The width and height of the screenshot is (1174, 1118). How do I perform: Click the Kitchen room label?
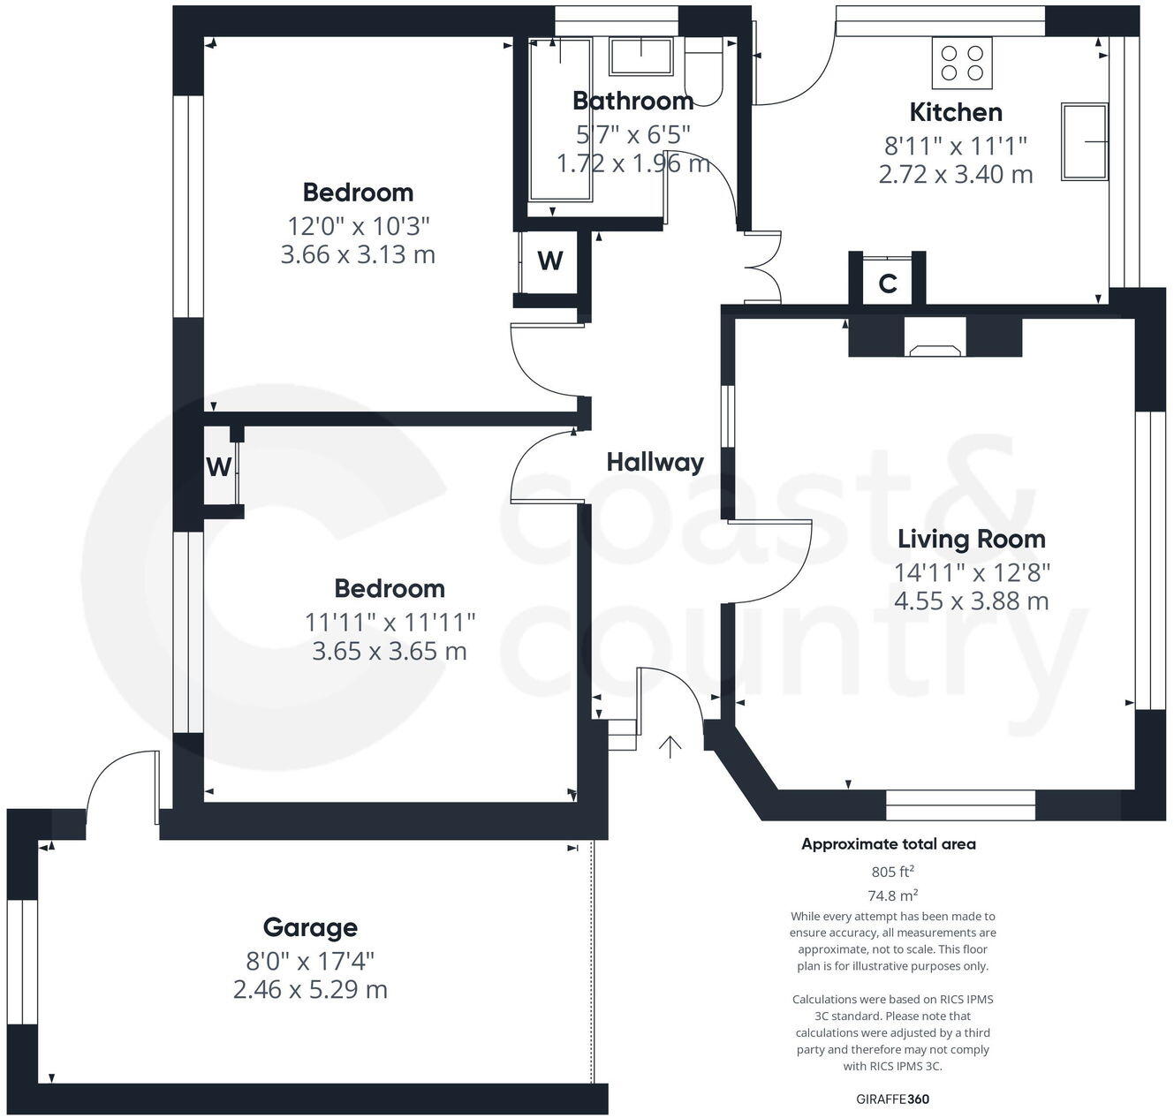pos(956,112)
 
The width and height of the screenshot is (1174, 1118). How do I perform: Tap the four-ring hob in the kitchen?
pos(962,63)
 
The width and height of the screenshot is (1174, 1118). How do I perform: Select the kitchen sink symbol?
pos(1085,141)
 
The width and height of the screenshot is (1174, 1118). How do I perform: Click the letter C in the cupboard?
pos(888,283)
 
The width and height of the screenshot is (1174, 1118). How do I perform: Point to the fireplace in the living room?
pos(935,347)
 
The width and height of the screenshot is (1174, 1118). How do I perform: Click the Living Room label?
pos(971,539)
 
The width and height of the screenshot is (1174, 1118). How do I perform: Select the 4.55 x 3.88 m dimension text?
pos(971,601)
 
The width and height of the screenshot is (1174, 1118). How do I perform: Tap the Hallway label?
pos(655,462)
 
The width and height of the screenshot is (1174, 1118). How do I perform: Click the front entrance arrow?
pos(670,747)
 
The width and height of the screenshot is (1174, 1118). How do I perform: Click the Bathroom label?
pos(632,101)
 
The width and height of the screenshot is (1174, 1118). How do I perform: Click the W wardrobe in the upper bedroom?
pos(550,261)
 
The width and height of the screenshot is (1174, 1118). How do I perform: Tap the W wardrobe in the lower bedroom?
pos(219,466)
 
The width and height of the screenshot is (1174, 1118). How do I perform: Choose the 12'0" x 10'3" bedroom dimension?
pos(358,225)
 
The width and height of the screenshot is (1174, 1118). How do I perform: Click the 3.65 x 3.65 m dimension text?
pos(390,652)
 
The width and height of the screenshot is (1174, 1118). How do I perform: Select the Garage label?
pos(310,927)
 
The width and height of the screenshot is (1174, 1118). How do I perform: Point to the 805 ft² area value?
pos(892,872)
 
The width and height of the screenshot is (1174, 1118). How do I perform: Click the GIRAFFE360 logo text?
pos(892,1099)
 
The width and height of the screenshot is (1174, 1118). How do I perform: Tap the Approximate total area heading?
pos(888,844)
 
